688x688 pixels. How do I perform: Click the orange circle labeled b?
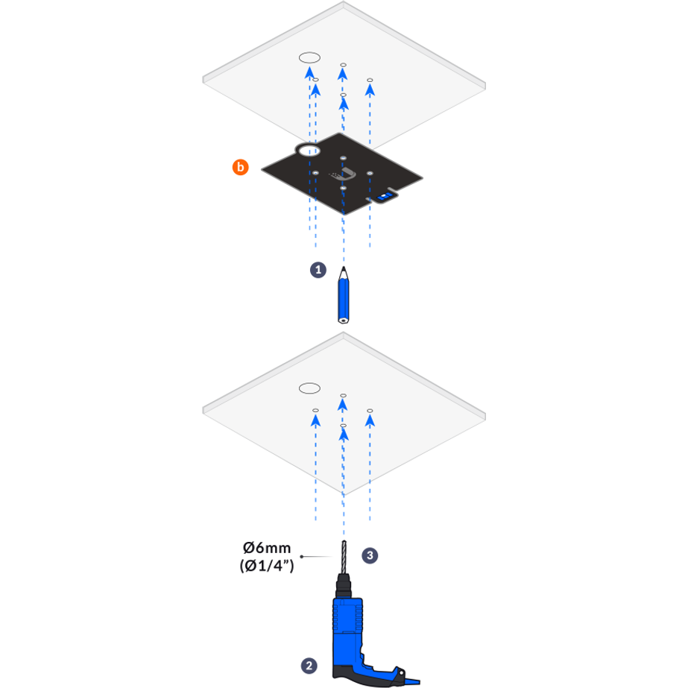click(240, 168)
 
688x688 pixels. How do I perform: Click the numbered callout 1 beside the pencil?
click(318, 270)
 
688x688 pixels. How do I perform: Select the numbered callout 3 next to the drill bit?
click(370, 555)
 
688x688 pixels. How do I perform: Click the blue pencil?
click(343, 298)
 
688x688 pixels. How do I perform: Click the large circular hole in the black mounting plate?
click(308, 151)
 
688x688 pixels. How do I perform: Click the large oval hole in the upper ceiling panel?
click(309, 57)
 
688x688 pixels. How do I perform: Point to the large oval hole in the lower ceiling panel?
click(309, 388)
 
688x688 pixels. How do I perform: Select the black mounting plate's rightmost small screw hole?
click(370, 174)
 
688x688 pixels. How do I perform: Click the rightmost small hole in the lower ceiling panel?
click(370, 410)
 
